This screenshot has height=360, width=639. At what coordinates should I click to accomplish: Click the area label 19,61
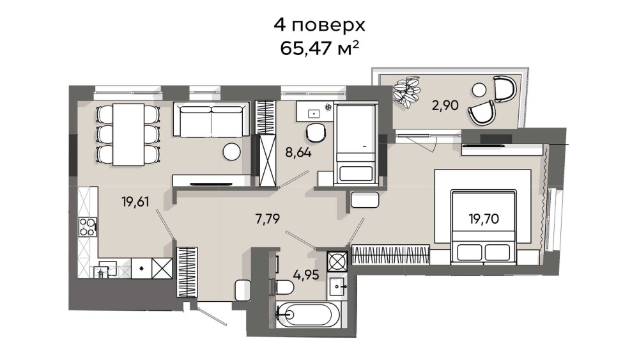(x=135, y=201)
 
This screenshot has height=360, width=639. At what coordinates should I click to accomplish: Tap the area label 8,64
(x=298, y=153)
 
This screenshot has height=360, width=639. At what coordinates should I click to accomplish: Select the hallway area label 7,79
(x=267, y=219)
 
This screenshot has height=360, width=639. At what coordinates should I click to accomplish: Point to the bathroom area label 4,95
(x=306, y=275)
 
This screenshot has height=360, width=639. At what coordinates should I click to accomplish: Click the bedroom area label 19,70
(x=484, y=219)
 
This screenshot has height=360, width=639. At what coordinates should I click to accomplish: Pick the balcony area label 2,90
(x=445, y=106)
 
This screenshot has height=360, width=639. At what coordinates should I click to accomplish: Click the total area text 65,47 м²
(x=319, y=49)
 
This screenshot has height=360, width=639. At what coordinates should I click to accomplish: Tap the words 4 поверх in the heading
(x=319, y=26)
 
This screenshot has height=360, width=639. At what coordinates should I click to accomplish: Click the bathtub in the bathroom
(x=307, y=315)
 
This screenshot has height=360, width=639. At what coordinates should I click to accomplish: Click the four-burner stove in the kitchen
(x=88, y=227)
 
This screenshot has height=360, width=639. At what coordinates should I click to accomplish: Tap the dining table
(x=128, y=134)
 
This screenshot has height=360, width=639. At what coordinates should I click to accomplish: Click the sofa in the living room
(x=211, y=119)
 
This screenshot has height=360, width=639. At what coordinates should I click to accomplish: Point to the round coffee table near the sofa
(x=231, y=152)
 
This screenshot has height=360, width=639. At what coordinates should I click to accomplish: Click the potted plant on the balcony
(x=406, y=91)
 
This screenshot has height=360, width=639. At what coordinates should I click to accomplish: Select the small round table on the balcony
(x=479, y=90)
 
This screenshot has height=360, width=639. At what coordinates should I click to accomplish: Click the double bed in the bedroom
(x=483, y=226)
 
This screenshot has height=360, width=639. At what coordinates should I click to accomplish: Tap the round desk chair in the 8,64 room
(x=316, y=132)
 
